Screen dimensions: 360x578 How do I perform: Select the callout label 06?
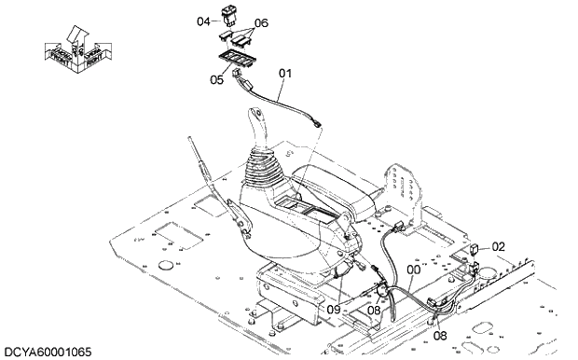pos(261,22)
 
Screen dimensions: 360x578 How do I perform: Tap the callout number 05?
pos(216,80)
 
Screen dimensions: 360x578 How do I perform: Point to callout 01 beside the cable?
pos(285,72)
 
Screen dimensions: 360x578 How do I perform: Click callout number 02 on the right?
pos(499,246)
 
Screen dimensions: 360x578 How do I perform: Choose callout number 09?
pos(334,309)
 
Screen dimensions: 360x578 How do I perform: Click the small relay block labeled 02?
pos(475,249)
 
